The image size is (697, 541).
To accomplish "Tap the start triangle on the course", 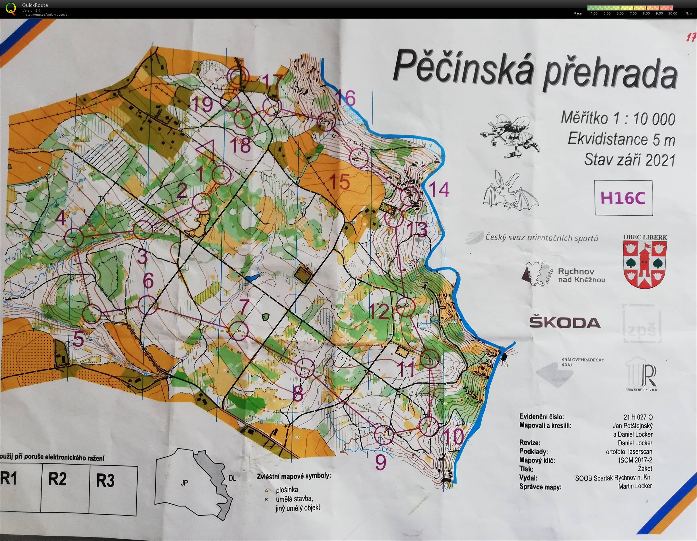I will (x=205, y=149).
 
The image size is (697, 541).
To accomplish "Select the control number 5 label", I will (x=78, y=340).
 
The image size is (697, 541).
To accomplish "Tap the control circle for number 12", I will (x=406, y=307).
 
